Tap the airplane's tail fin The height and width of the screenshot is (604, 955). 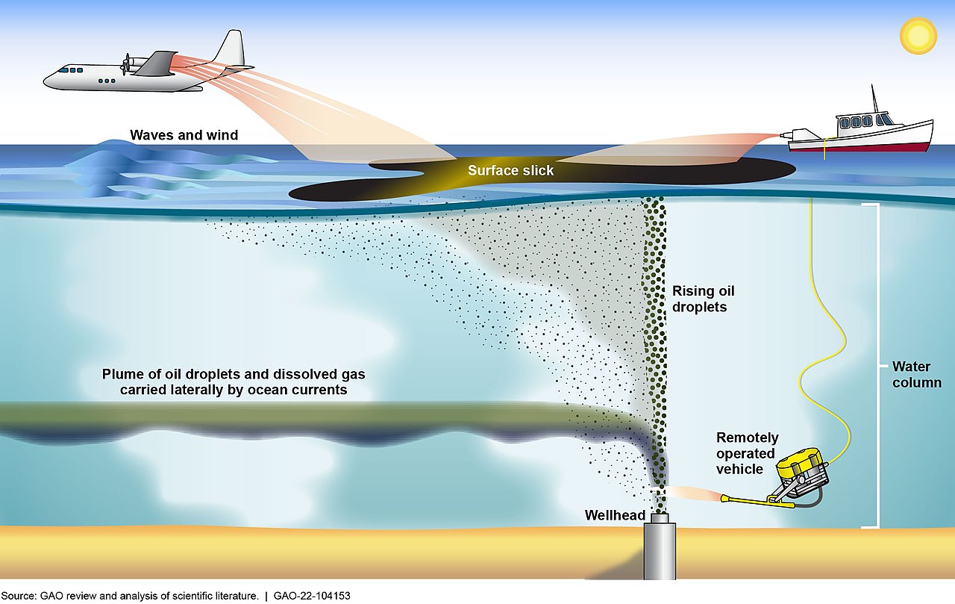(231, 49)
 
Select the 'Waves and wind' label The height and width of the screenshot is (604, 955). (184, 135)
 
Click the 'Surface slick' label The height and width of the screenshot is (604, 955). (510, 171)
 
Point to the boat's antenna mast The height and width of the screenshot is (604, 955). (873, 98)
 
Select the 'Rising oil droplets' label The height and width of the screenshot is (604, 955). (699, 298)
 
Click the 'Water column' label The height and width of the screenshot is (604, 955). (916, 375)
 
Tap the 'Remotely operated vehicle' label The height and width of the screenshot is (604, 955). (746, 453)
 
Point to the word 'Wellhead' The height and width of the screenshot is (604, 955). (615, 515)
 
